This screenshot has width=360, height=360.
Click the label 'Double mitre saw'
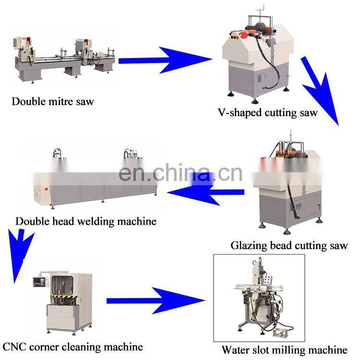[53, 101]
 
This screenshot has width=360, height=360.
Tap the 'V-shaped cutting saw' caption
[267, 113]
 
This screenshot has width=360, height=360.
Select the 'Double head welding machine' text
[86, 221]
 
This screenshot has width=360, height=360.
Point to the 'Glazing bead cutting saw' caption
[289, 246]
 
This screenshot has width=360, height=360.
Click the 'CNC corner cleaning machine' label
[72, 346]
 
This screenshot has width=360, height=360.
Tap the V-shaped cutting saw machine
[257, 58]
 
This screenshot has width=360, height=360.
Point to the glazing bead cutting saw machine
[288, 187]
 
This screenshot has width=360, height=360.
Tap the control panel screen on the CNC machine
[40, 279]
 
